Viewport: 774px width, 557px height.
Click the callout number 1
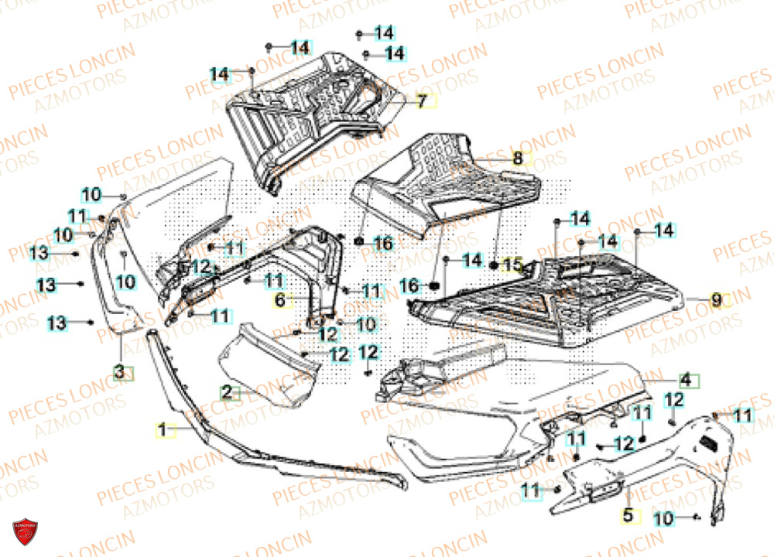coord(163,427)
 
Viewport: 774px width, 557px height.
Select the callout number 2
coord(227,392)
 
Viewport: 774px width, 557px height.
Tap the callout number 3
coord(119,372)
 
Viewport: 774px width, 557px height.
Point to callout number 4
coord(685,380)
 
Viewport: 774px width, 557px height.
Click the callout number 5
coord(628,514)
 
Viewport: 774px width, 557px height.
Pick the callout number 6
coord(281,299)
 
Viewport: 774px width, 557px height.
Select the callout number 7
coord(422,101)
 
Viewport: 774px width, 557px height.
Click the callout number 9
coord(716,300)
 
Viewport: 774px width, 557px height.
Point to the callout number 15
coord(512,264)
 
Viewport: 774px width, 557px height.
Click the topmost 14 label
coord(385,33)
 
